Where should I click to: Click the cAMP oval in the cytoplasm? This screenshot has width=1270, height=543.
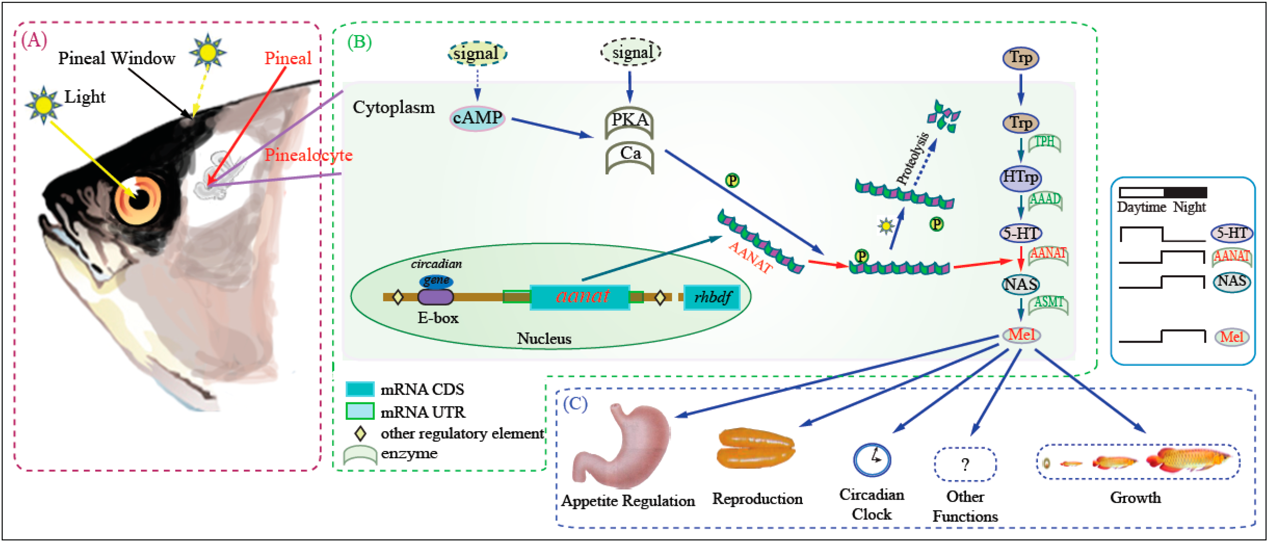pyautogui.click(x=477, y=118)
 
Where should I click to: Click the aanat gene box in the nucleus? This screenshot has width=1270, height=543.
pyautogui.click(x=580, y=296)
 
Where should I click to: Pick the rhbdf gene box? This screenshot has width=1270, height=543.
pyautogui.click(x=712, y=297)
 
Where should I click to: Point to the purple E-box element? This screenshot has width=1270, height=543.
pyautogui.click(x=435, y=296)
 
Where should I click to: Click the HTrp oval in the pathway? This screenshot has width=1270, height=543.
pyautogui.click(x=1020, y=177)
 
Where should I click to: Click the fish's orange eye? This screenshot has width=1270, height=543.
pyautogui.click(x=138, y=200)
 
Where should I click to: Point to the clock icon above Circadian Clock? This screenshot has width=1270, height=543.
pyautogui.click(x=872, y=460)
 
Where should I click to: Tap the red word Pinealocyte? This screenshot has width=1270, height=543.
pyautogui.click(x=309, y=155)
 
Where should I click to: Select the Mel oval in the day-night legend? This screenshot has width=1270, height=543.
pyautogui.click(x=1231, y=337)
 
